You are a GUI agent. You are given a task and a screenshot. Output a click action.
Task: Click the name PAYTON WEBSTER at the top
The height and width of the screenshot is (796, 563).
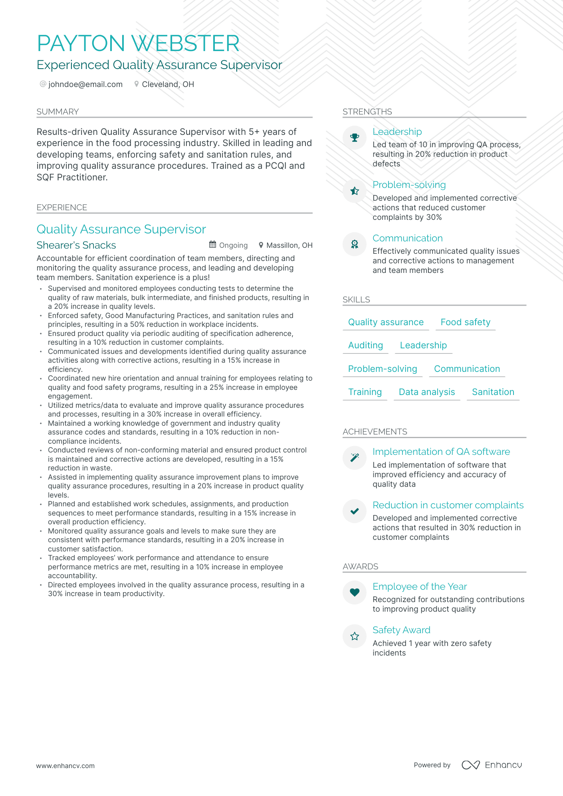coord(138,43)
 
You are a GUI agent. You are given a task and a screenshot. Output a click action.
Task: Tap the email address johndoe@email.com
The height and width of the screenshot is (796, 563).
coord(85,84)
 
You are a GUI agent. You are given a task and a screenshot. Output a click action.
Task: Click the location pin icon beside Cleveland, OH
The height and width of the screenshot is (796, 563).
coord(137,84)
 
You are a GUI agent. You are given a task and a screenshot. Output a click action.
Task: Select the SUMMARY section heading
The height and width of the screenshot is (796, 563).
coord(57,112)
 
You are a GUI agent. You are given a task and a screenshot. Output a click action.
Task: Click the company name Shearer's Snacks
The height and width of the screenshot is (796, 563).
coord(76,245)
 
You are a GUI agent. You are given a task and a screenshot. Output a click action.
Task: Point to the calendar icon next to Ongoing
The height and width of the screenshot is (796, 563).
coord(213,245)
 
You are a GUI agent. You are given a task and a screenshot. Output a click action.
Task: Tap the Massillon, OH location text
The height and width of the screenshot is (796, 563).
coord(289,245)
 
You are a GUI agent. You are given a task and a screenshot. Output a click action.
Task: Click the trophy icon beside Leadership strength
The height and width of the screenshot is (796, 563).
coord(355,138)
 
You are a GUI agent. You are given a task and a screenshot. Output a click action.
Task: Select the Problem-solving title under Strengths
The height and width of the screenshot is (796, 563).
coord(409,185)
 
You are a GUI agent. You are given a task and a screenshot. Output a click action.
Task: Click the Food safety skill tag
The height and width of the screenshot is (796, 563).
coord(465,322)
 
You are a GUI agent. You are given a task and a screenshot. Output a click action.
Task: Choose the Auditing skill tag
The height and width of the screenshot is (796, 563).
coord(365,345)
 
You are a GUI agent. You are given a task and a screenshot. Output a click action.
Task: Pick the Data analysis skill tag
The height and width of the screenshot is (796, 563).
coord(426,392)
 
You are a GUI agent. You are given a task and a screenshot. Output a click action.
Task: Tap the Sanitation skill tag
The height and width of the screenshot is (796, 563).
coord(493,392)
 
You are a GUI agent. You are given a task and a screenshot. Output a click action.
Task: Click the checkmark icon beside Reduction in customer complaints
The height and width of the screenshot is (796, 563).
coord(355,511)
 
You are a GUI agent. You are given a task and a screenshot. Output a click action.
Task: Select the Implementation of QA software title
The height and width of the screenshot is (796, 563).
coord(441,452)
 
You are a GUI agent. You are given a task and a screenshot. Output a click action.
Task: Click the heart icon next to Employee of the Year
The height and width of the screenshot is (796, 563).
coord(355,593)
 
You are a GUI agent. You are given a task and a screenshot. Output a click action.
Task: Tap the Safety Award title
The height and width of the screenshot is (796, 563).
coord(401,630)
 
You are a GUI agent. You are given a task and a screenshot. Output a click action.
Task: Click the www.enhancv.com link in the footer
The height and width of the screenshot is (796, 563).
coord(65,766)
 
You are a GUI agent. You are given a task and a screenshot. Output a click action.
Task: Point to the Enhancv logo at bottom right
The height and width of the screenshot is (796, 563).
coord(492,765)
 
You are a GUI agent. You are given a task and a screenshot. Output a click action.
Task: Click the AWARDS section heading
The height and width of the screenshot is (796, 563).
coord(360,567)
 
